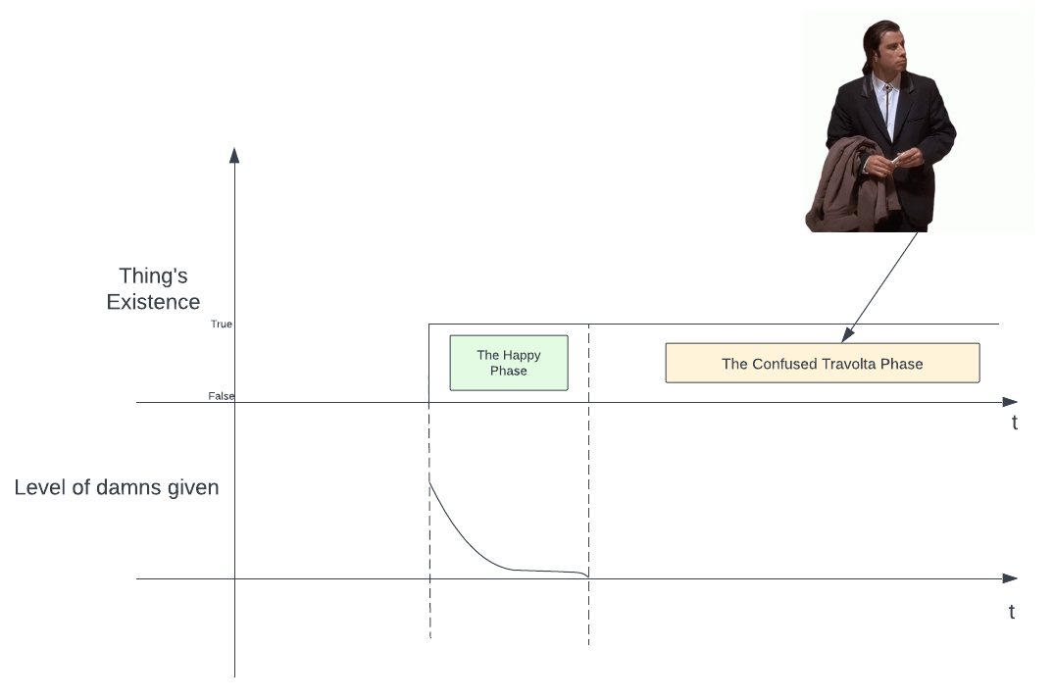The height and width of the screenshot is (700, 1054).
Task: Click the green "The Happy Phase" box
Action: pyautogui.click(x=509, y=363)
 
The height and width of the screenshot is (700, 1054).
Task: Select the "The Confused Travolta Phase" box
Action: pyautogui.click(x=822, y=363)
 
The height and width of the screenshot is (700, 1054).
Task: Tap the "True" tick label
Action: pyautogui.click(x=222, y=325)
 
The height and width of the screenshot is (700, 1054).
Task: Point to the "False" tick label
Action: pyautogui.click(x=222, y=396)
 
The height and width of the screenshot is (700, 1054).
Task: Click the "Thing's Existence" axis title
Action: pyautogui.click(x=153, y=289)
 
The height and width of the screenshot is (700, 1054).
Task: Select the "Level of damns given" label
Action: pyautogui.click(x=117, y=487)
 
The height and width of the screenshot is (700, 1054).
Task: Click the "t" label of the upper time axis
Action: pyautogui.click(x=1015, y=424)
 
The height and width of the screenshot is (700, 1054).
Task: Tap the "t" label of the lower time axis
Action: pyautogui.click(x=1012, y=612)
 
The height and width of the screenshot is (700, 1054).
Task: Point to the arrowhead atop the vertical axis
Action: pyautogui.click(x=234, y=154)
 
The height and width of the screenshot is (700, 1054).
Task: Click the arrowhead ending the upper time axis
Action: pyautogui.click(x=1011, y=402)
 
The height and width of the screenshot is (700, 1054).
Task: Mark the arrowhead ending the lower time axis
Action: pyautogui.click(x=1011, y=578)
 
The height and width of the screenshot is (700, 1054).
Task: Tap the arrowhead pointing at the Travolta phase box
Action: pyautogui.click(x=847, y=336)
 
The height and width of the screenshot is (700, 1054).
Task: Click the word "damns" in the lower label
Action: pyautogui.click(x=117, y=487)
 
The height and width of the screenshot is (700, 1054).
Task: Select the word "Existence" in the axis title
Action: pyautogui.click(x=153, y=302)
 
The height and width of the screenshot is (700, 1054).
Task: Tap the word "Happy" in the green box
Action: pyautogui.click(x=522, y=355)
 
